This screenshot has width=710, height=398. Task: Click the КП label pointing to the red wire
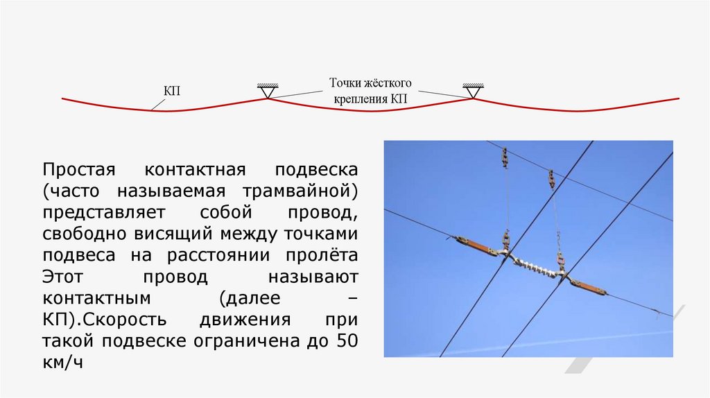172,91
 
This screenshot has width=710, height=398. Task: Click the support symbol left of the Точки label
268,90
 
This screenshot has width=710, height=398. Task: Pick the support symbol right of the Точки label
474,90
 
